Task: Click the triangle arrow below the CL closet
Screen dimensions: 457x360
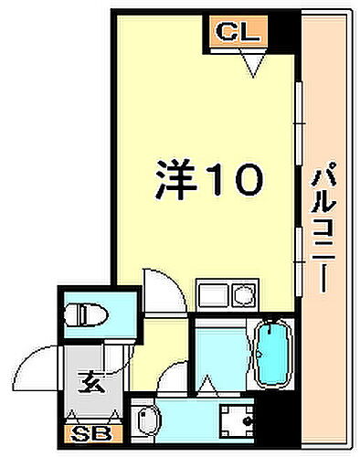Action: pos(251,61)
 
